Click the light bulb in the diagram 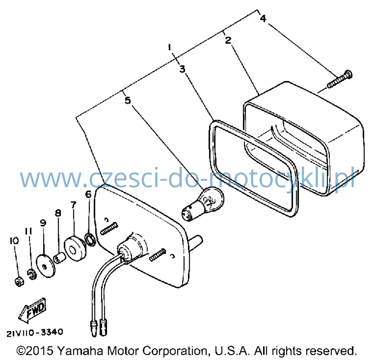203,204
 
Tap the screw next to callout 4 340,79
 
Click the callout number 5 128,100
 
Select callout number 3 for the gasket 183,69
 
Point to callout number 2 228,40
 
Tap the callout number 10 14,241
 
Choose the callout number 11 29,231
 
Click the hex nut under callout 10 19,282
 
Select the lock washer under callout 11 31,274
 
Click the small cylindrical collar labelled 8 59,258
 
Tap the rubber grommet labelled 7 75,248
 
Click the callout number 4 263,18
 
